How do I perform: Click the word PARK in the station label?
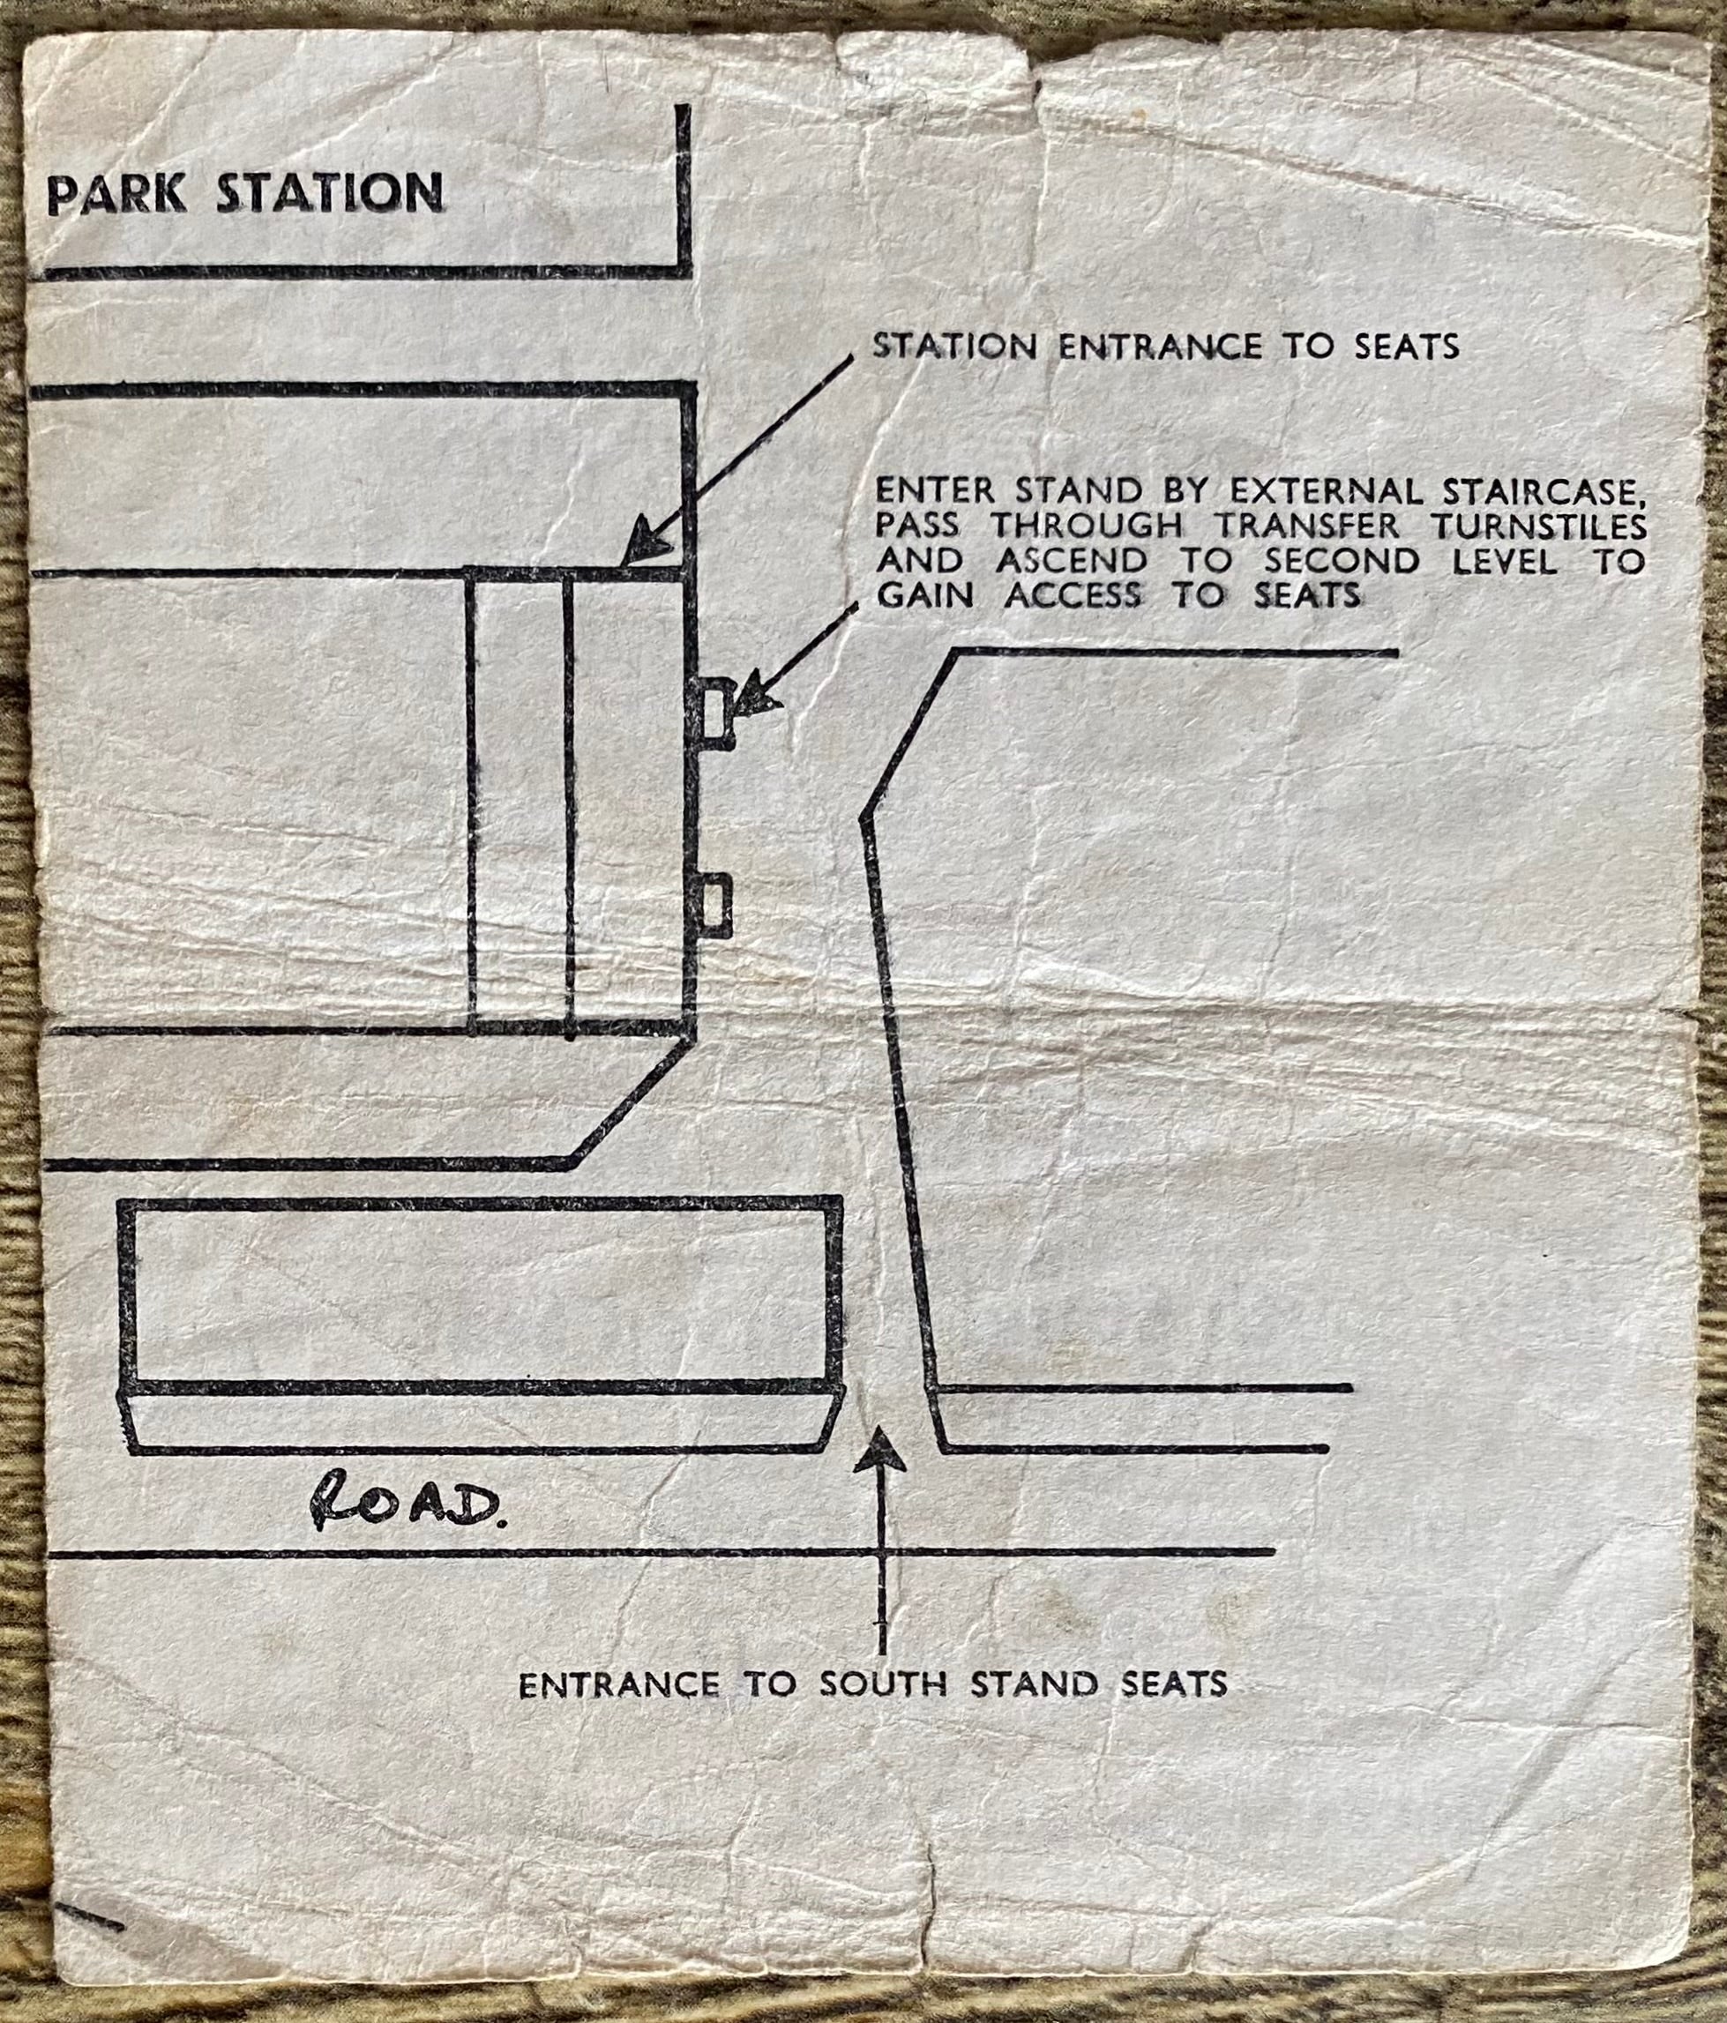pyautogui.click(x=116, y=194)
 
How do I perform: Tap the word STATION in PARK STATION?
pyautogui.click(x=329, y=193)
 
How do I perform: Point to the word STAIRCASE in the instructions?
pyautogui.click(x=1527, y=489)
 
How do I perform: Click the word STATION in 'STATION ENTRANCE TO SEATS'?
pyautogui.click(x=953, y=346)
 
